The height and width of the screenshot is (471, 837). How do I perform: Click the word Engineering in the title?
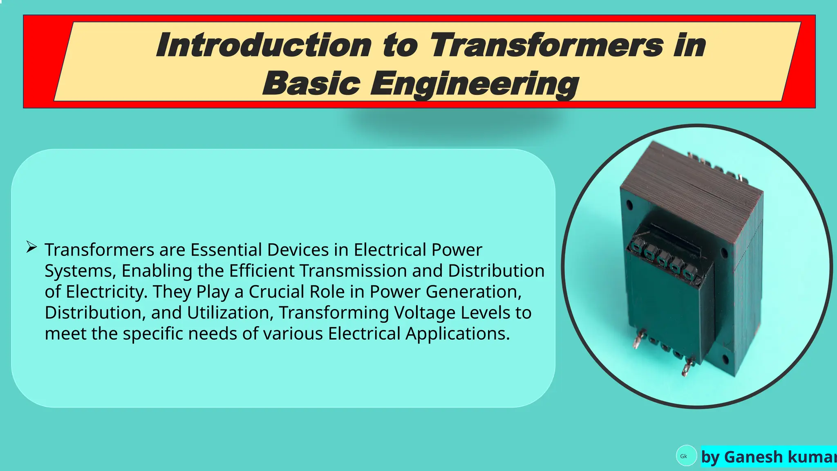pyautogui.click(x=474, y=84)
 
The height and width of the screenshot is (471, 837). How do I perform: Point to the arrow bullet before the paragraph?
pyautogui.click(x=31, y=247)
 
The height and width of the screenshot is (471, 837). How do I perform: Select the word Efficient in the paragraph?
pyautogui.click(x=262, y=271)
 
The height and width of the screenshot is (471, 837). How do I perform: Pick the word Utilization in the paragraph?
pyautogui.click(x=230, y=313)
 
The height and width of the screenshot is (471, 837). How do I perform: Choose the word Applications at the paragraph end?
pyautogui.click(x=458, y=334)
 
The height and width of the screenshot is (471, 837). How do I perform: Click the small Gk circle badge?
pyautogui.click(x=686, y=456)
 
